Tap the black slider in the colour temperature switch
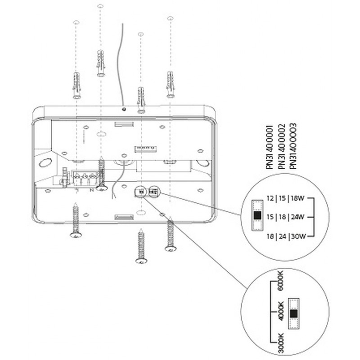(x=294, y=314)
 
